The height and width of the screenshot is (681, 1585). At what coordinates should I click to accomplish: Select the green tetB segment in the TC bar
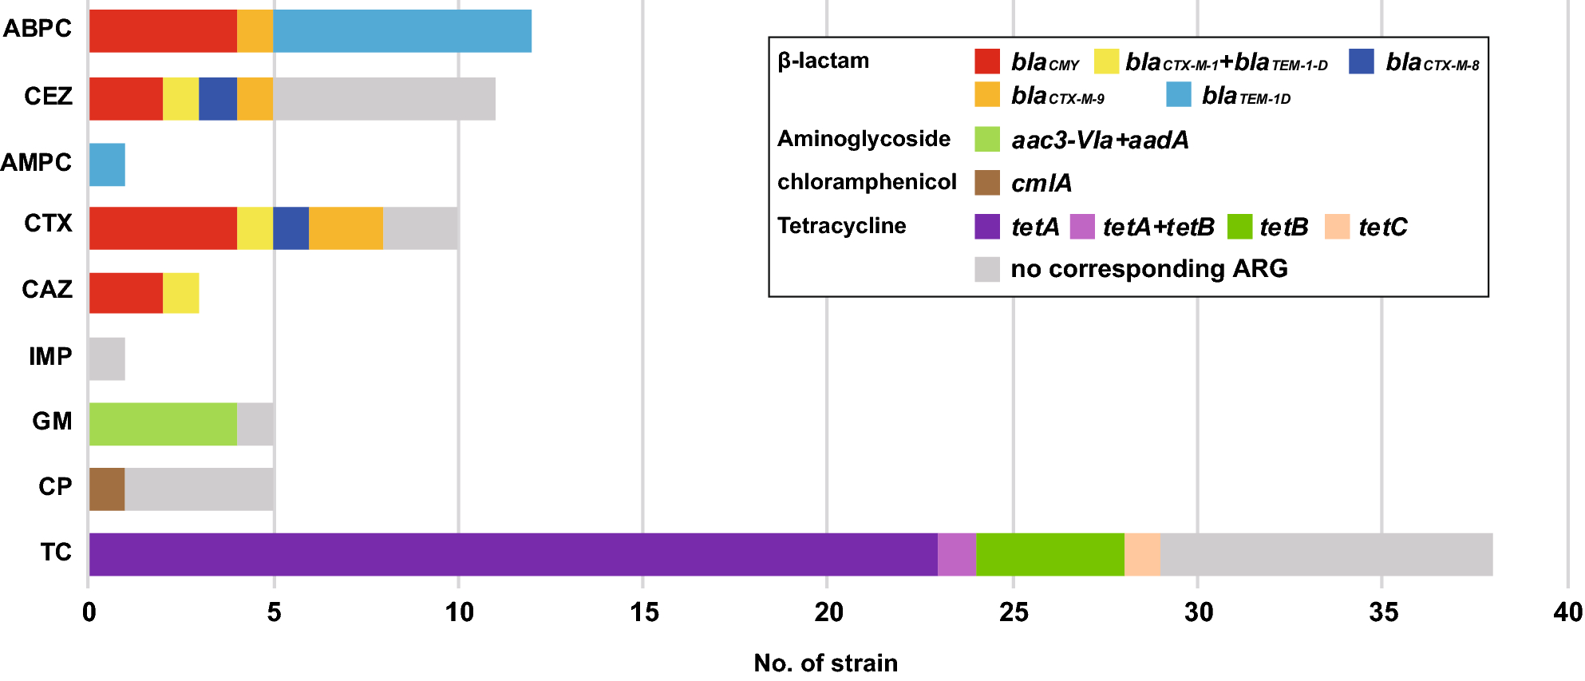point(1049,554)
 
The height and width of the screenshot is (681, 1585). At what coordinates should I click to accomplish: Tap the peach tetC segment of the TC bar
point(1142,554)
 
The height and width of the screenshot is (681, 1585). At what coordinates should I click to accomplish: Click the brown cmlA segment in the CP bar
point(107,489)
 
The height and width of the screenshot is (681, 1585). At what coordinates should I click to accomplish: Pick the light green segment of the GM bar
point(163,424)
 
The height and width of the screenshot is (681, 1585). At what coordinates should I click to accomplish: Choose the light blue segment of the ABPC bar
point(401,31)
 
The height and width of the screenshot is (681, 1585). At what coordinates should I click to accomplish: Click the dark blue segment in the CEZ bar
point(218,99)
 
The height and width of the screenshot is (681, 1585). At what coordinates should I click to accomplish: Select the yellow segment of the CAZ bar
point(180,293)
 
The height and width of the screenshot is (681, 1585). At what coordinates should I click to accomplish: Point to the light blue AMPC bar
point(107,164)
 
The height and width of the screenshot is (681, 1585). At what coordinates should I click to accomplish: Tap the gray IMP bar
point(107,359)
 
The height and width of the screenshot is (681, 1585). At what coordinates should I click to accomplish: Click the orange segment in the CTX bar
point(346,228)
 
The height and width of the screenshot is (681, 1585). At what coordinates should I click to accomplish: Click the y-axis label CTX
point(48,224)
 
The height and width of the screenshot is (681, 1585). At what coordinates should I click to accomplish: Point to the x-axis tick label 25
point(1014,612)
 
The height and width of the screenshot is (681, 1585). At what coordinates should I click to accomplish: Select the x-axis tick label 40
point(1567,612)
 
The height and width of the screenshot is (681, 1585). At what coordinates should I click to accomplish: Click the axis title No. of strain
point(825,663)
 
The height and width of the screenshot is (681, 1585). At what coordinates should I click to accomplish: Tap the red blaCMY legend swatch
point(987,61)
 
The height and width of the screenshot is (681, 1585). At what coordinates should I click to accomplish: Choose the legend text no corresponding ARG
point(1148,268)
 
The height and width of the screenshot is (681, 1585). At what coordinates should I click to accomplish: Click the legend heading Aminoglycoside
point(864,139)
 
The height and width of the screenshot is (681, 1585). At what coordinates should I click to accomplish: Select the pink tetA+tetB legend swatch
point(1082,227)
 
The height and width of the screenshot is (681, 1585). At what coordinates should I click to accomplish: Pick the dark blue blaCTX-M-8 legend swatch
point(1362,61)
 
